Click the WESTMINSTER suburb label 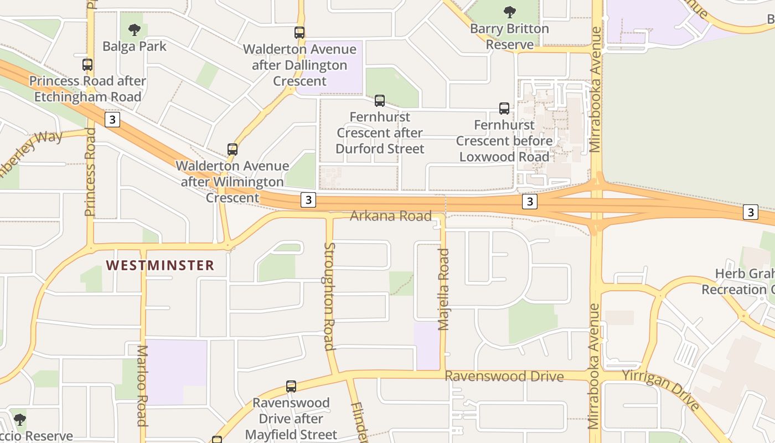(160, 265)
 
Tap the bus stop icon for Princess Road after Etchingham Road (87, 65)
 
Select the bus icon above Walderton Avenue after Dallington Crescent (299, 33)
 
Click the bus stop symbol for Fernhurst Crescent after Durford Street (380, 101)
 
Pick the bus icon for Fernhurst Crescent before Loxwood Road (504, 109)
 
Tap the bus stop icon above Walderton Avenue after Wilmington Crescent (232, 150)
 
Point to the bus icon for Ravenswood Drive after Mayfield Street (291, 387)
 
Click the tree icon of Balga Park (134, 30)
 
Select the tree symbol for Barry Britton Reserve (510, 12)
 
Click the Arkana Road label (390, 216)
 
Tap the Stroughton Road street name (329, 296)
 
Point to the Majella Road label (443, 289)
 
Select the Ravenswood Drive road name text (504, 377)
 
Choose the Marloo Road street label (142, 385)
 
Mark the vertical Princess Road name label (90, 172)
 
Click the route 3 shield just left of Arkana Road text (308, 200)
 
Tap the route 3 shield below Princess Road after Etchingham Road (112, 120)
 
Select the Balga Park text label (135, 47)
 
